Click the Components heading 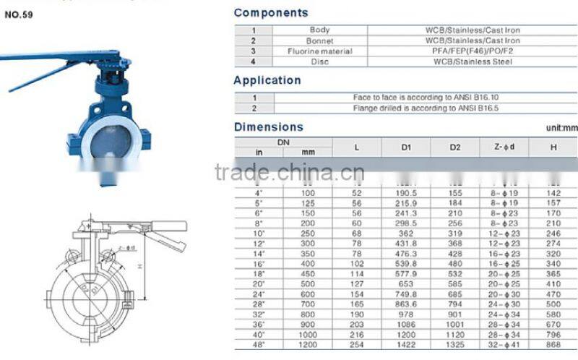click(271, 13)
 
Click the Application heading click(267, 80)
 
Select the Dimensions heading click(269, 127)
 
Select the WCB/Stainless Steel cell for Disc click(473, 62)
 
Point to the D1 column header click(406, 147)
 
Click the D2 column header click(455, 147)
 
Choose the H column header click(553, 147)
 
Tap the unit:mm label click(562, 128)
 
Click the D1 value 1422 click(406, 345)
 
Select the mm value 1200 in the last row click(309, 345)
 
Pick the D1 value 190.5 click(406, 194)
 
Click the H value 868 click(553, 345)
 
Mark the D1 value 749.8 click(406, 294)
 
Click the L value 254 click(357, 345)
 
